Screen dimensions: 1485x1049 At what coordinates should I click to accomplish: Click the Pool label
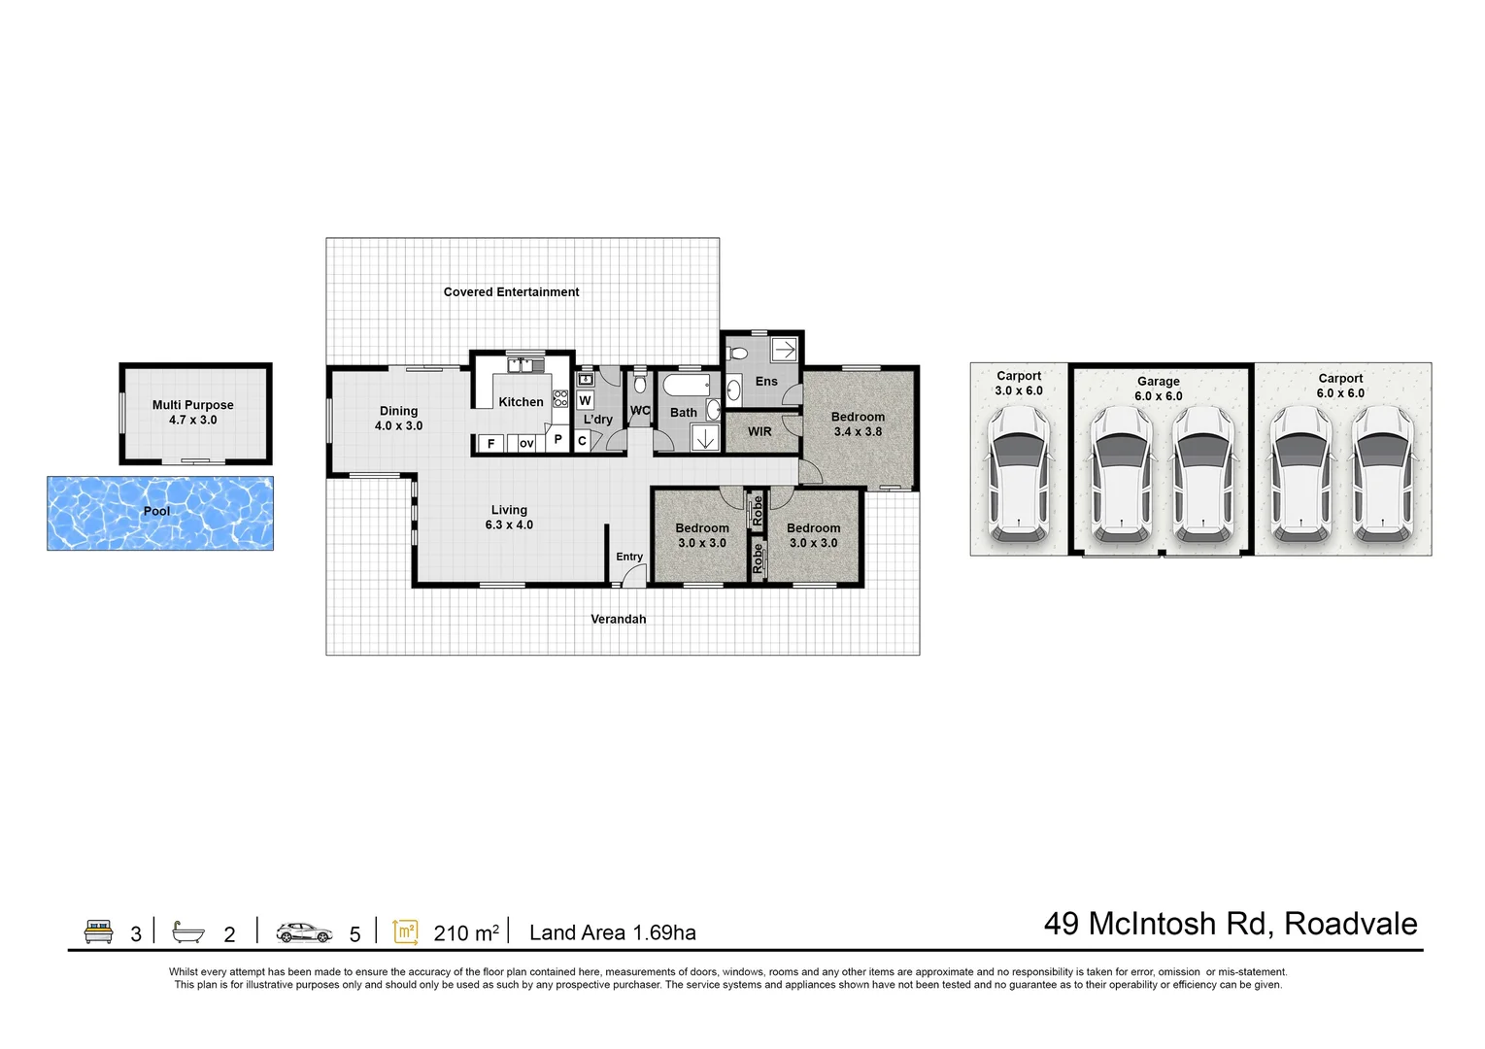pos(156,511)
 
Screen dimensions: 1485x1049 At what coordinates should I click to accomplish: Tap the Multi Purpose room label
pos(193,405)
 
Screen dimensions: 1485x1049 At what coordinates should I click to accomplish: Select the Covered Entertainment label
pos(511,291)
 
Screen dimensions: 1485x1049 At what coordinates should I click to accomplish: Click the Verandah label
pos(618,619)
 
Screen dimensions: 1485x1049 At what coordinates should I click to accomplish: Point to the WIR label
pos(759,431)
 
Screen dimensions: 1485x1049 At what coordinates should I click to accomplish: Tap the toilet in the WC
pos(640,383)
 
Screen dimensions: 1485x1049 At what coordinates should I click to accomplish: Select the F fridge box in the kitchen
pos(490,444)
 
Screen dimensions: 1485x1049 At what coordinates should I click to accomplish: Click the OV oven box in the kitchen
pos(526,444)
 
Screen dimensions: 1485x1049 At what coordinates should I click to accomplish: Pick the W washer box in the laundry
pos(585,400)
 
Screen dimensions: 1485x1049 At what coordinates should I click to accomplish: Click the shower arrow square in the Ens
pos(785,350)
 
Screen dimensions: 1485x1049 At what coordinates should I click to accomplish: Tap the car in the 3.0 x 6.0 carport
pos(1018,474)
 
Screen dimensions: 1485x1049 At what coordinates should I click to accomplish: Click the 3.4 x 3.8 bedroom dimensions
pos(858,431)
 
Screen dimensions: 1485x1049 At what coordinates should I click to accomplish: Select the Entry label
pos(629,557)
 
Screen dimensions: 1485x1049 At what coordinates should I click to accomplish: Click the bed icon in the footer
pos(99,931)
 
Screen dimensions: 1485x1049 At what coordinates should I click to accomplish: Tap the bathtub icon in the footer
pos(188,931)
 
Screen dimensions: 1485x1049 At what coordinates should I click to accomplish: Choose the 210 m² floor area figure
pos(466,933)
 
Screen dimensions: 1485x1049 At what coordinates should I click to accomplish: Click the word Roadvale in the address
pos(1350,924)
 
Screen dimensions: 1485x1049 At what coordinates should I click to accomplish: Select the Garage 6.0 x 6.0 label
pos(1158,389)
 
